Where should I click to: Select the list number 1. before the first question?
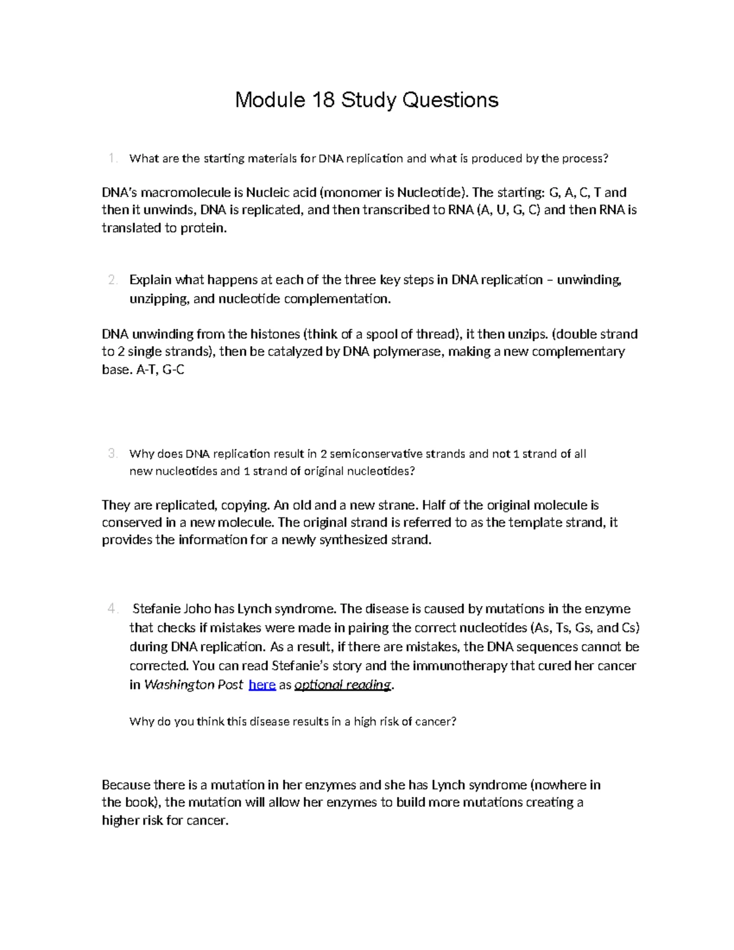pyautogui.click(x=112, y=158)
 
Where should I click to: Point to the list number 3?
pyautogui.click(x=112, y=453)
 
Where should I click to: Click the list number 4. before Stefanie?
pyautogui.click(x=112, y=609)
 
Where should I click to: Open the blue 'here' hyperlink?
pyautogui.click(x=262, y=685)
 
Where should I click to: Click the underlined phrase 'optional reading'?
pyautogui.click(x=343, y=685)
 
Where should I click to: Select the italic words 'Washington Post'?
pyautogui.click(x=193, y=685)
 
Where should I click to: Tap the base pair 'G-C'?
pyautogui.click(x=174, y=369)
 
